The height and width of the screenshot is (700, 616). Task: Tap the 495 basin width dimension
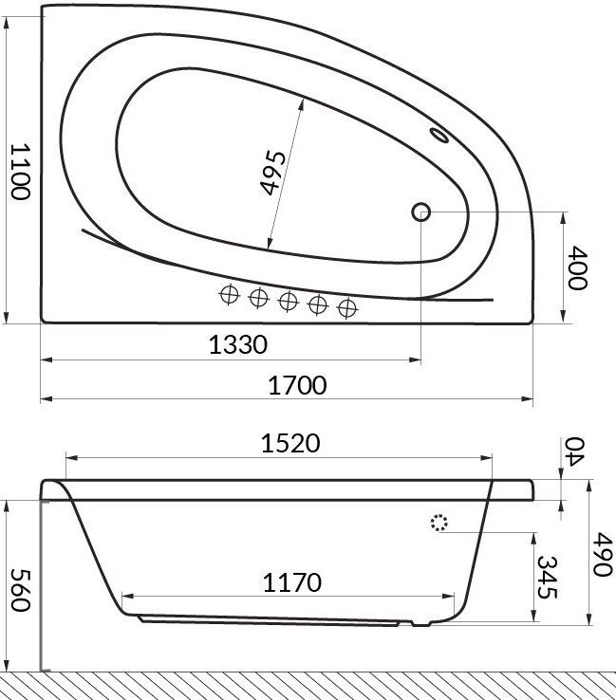coord(272,172)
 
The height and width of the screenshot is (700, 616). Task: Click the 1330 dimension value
coord(237,344)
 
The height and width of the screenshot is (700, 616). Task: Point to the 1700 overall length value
coord(296,385)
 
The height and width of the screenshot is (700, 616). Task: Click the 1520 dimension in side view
coord(290,443)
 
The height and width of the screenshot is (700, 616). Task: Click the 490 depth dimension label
coord(599,554)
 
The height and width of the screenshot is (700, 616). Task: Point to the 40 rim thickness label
coord(577,448)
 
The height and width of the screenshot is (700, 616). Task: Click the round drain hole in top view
coord(421,212)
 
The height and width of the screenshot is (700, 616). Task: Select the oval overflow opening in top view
coord(440,136)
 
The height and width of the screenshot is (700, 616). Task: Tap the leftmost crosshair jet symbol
coord(228,295)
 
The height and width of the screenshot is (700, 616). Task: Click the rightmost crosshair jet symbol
coord(348,306)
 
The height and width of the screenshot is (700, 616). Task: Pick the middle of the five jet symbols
coord(288,302)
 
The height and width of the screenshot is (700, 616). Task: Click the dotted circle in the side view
coord(439,523)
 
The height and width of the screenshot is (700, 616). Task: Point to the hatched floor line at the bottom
coord(308,684)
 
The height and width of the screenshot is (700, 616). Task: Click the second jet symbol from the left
coord(257,298)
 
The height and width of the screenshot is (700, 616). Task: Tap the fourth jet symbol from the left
coord(318,304)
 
